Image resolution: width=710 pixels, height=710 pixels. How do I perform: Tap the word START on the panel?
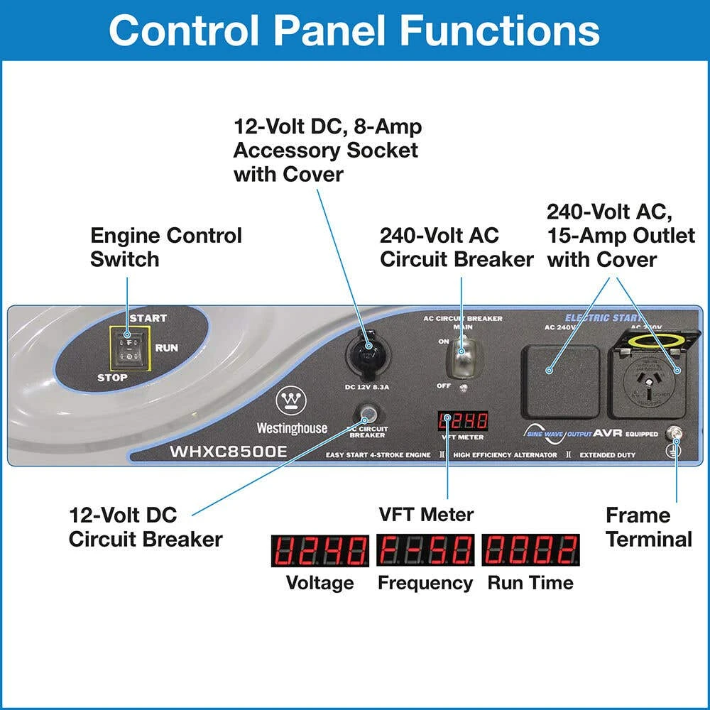point(148,318)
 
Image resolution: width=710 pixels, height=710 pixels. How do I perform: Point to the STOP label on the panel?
point(112,377)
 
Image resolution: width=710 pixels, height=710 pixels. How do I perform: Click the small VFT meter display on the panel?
point(462,421)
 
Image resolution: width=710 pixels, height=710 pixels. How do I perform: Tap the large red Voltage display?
point(319,550)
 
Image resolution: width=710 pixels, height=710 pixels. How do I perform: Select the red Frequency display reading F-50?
point(425,550)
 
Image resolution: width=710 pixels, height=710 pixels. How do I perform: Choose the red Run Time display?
point(530,550)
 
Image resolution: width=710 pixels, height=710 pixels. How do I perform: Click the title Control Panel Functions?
point(354,30)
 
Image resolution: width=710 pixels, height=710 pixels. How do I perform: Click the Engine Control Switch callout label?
point(165,247)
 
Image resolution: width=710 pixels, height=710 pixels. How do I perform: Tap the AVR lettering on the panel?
point(608,433)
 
